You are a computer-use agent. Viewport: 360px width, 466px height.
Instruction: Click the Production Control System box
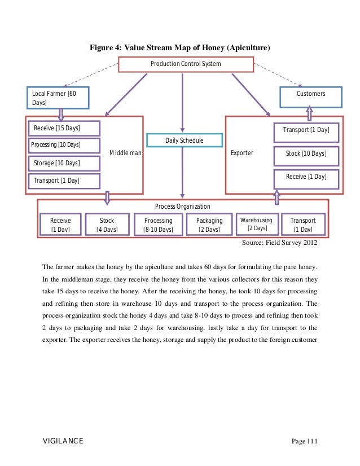click(185, 64)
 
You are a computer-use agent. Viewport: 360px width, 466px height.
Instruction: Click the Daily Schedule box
click(184, 140)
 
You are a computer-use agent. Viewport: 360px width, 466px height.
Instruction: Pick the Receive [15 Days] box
click(64, 128)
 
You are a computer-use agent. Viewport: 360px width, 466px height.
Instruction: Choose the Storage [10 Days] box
click(64, 163)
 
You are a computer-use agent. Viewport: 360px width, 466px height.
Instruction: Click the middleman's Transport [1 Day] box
click(64, 181)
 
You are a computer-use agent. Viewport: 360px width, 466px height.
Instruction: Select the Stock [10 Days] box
click(306, 153)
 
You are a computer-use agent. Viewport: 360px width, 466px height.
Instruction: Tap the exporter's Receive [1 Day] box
click(306, 177)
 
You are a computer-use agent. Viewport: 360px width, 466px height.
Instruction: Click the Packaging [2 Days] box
click(209, 225)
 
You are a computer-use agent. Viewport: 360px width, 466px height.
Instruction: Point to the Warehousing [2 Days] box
click(257, 224)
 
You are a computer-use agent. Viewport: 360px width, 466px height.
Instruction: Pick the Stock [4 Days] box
click(107, 225)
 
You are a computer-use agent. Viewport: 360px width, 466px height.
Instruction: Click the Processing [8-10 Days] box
click(158, 225)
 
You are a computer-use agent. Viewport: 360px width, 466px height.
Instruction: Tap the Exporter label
click(242, 153)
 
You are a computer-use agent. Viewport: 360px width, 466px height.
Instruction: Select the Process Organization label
click(182, 206)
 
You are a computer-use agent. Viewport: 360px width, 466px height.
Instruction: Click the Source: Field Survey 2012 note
click(279, 243)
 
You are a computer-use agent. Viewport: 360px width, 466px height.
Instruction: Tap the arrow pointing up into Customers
click(310, 114)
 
